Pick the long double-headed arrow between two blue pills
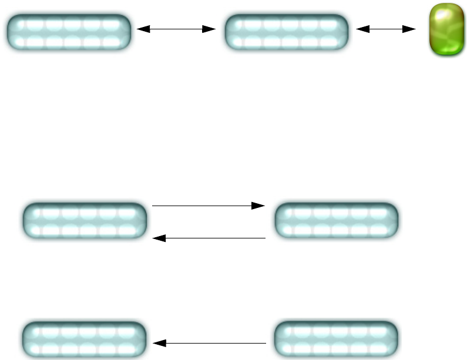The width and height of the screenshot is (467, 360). click(176, 28)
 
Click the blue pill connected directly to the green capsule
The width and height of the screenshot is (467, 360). click(287, 32)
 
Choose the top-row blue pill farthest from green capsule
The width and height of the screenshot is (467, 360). click(68, 32)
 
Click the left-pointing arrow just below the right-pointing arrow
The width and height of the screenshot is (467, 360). click(209, 238)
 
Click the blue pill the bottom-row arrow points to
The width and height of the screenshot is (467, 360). click(83, 339)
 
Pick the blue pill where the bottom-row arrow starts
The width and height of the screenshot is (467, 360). click(336, 339)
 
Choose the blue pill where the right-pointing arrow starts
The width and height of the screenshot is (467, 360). click(83, 221)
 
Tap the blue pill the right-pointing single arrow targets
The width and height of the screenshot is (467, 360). click(336, 221)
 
